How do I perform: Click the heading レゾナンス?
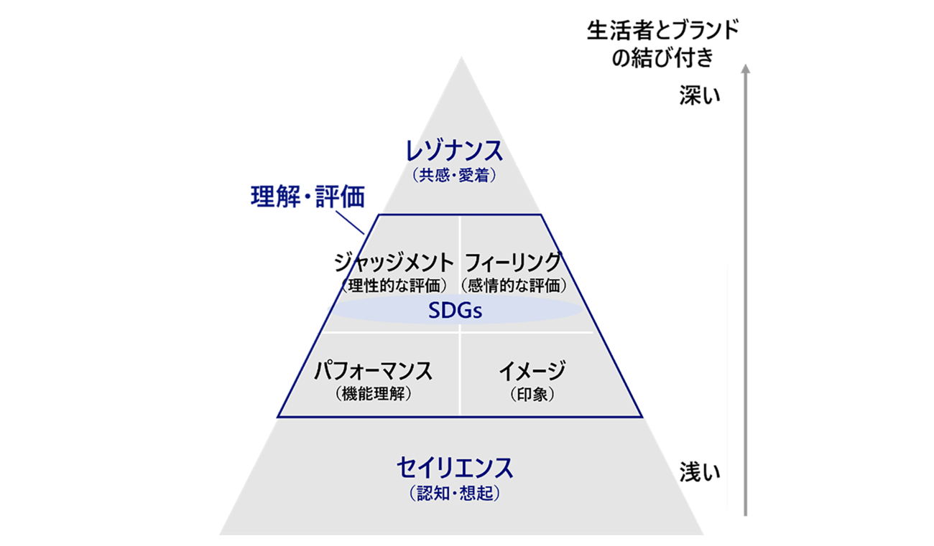[454, 152]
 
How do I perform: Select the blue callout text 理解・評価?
[308, 196]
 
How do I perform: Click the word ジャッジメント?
[394, 261]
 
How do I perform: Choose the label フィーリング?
[513, 261]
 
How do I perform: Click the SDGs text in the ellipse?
[454, 311]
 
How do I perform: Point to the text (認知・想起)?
[454, 493]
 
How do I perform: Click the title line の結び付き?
[662, 58]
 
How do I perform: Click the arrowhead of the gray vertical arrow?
[746, 69]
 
